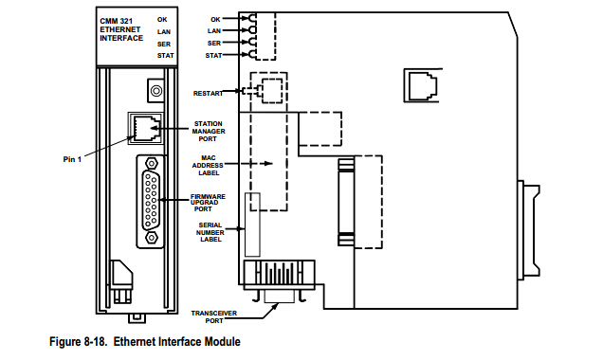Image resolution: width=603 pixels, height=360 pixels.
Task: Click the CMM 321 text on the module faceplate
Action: coord(116,21)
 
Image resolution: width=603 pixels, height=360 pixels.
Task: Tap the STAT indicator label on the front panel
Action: coord(165,56)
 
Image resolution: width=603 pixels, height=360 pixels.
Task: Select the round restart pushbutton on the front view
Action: coord(156,91)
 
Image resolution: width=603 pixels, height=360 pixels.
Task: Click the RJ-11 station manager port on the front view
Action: coord(145,128)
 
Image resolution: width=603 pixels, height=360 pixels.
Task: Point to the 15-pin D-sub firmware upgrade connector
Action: coord(151,201)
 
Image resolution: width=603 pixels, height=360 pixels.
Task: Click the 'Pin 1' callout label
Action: coord(72,159)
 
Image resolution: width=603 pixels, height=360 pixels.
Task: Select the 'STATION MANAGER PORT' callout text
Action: coord(209,132)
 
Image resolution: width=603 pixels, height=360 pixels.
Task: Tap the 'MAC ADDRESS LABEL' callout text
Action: coord(208,166)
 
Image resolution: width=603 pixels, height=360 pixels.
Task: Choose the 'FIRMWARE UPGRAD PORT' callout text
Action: coord(208,203)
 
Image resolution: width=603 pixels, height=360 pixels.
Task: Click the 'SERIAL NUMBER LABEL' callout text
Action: coord(210,232)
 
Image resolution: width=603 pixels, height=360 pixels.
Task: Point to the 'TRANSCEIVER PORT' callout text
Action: coord(214,317)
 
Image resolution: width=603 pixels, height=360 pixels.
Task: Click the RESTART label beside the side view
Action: coord(208,94)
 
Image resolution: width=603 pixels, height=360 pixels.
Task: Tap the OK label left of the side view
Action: coord(216,19)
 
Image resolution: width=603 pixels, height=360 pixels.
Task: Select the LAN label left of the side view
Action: coord(214,30)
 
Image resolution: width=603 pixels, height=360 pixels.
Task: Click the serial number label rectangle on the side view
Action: coord(252,225)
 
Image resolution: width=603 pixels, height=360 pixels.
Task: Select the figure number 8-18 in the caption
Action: coord(94,342)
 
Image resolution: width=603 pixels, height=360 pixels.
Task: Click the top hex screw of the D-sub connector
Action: coord(152,164)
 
